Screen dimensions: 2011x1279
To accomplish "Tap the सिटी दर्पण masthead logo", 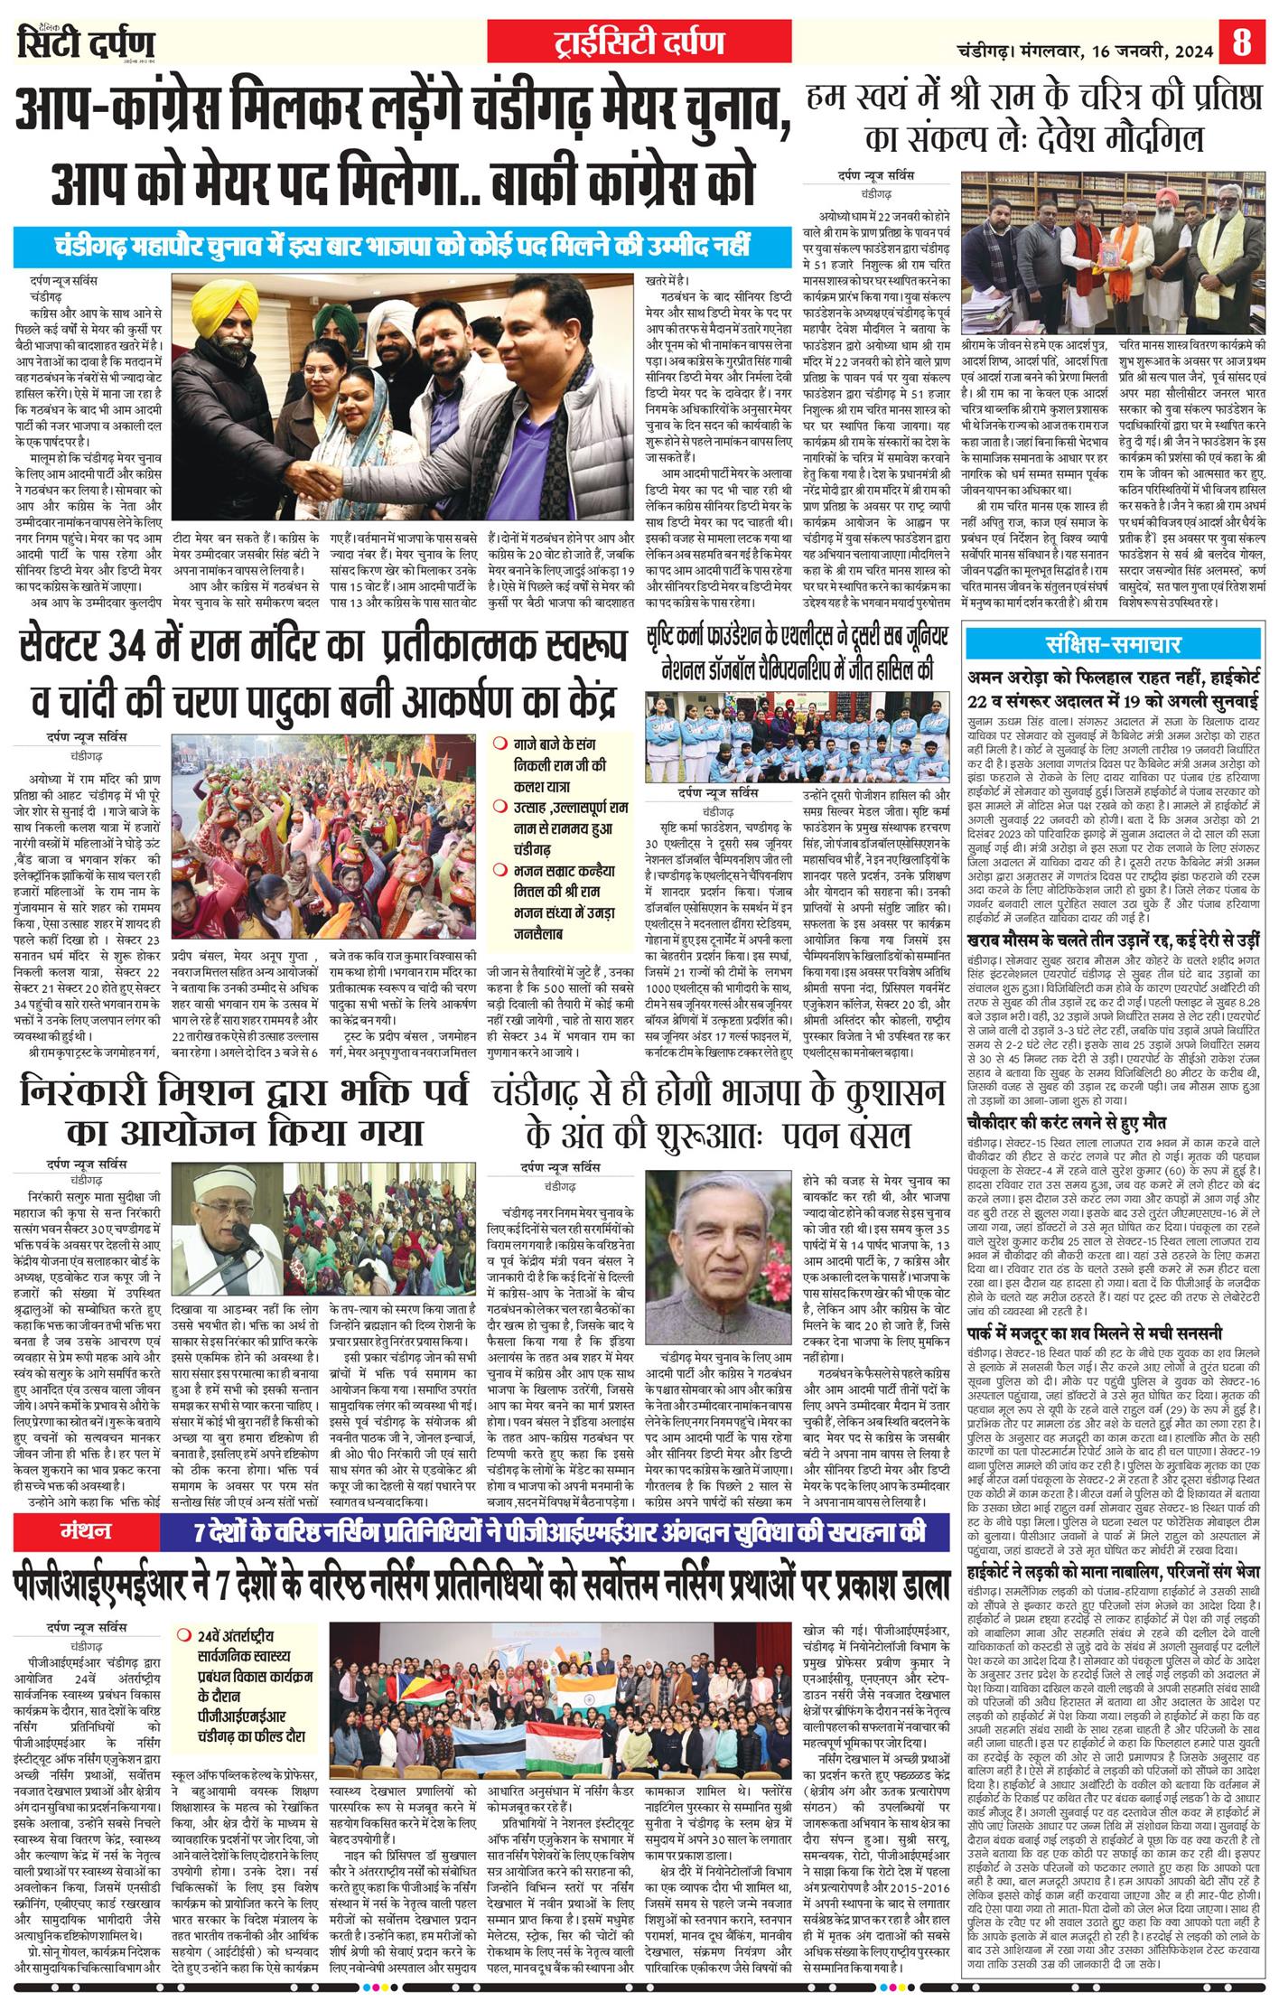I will (x=86, y=42).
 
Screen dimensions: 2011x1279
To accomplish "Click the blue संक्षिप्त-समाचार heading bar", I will (x=1115, y=645).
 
